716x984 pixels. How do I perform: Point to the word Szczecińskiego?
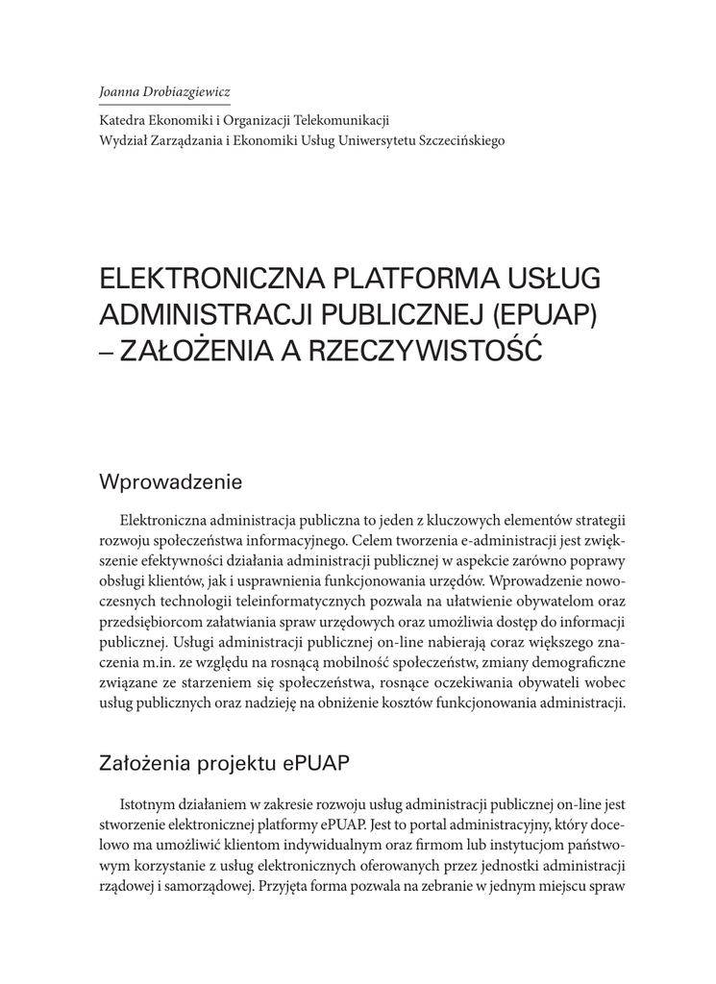(458, 139)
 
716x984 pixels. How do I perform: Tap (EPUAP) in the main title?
(539, 314)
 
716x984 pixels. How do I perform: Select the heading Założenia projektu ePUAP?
(224, 764)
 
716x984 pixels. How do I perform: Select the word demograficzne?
(580, 663)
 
